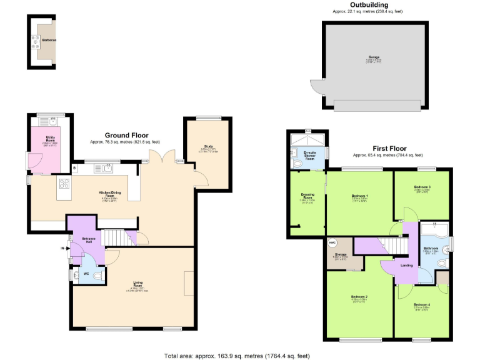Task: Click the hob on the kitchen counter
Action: (64, 184)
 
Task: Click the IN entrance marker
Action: (62, 248)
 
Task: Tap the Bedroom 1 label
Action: (359, 197)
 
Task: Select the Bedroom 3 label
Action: (422, 187)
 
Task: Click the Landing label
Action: (406, 265)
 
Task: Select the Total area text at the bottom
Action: (237, 355)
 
